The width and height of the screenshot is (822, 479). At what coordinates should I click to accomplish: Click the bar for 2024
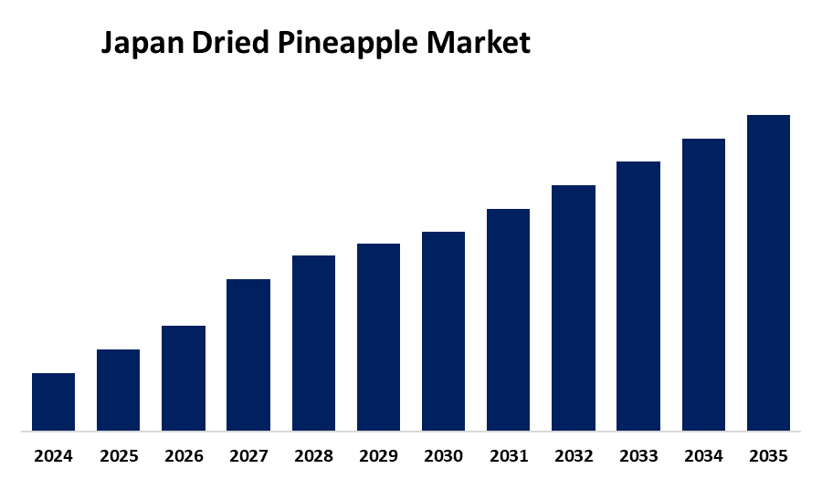pyautogui.click(x=53, y=401)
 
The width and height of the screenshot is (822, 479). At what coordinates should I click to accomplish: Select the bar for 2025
pyautogui.click(x=118, y=390)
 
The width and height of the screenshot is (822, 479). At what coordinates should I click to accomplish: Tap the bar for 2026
pyautogui.click(x=184, y=378)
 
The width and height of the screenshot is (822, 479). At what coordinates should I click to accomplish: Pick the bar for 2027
pyautogui.click(x=248, y=354)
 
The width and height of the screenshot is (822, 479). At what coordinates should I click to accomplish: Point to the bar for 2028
pyautogui.click(x=313, y=342)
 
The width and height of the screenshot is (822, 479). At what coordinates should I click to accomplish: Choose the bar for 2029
pyautogui.click(x=378, y=337)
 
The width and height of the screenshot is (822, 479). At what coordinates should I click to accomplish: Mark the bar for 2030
pyautogui.click(x=443, y=330)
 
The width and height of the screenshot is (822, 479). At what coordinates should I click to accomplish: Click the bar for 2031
pyautogui.click(x=508, y=319)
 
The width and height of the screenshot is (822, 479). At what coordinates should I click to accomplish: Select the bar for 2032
pyautogui.click(x=574, y=307)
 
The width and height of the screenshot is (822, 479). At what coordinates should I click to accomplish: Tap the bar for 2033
pyautogui.click(x=638, y=296)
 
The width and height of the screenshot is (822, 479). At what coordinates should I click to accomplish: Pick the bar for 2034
pyautogui.click(x=703, y=284)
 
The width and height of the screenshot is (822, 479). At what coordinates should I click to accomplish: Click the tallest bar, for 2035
pyautogui.click(x=768, y=272)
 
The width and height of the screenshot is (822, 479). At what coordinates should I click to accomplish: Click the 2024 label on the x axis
pyautogui.click(x=53, y=454)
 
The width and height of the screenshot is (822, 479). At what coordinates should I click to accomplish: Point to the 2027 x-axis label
pyautogui.click(x=248, y=454)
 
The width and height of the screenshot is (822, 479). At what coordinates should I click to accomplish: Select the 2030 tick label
pyautogui.click(x=443, y=454)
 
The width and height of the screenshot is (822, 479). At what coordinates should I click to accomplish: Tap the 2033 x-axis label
pyautogui.click(x=638, y=454)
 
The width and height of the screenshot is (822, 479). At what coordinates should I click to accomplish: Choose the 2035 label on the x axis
pyautogui.click(x=768, y=454)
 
